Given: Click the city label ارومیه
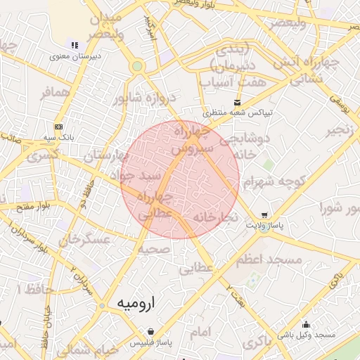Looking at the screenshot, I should pyautogui.click(x=134, y=303).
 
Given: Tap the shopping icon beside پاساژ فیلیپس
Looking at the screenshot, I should pyautogui.click(x=150, y=331).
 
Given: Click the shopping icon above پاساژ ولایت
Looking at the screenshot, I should pyautogui.click(x=264, y=214).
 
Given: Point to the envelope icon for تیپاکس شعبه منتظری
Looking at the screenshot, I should pyautogui.click(x=238, y=102).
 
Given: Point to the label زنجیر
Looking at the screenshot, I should pyautogui.click(x=340, y=131).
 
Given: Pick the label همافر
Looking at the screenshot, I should pyautogui.click(x=56, y=93).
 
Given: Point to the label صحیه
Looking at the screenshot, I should pyautogui.click(x=153, y=250).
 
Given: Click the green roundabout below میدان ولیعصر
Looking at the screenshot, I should pyautogui.click(x=137, y=67).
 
